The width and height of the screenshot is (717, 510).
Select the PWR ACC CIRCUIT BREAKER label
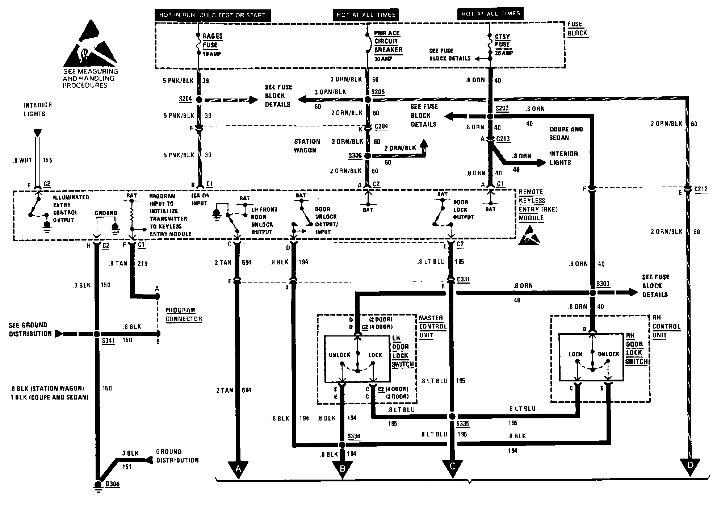tap(388, 42)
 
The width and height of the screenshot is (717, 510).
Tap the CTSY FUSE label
tap(502, 40)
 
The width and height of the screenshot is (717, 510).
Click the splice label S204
tap(185, 99)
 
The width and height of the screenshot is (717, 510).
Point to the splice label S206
tap(378, 92)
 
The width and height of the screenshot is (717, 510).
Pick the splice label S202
tap(502, 108)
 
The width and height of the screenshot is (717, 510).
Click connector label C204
tap(381, 126)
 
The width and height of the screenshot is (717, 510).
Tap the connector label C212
tap(701, 189)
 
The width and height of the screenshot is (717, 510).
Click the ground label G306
tap(112, 484)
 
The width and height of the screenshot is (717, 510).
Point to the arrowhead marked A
tap(238, 469)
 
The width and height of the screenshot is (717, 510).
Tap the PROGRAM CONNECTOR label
tap(184, 314)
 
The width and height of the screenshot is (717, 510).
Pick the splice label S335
tap(462, 423)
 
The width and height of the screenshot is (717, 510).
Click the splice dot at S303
tap(592, 293)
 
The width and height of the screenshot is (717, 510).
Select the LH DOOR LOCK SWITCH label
tap(403, 351)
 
